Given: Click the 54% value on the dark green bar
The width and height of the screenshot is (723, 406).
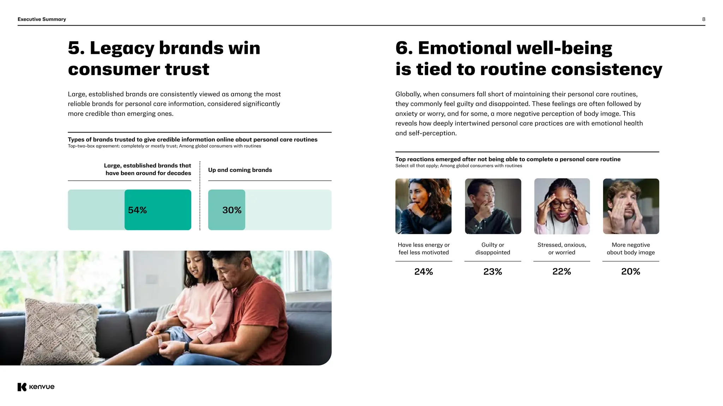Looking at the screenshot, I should coord(137,210).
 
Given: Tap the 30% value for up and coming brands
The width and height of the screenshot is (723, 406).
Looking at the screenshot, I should coord(232,210).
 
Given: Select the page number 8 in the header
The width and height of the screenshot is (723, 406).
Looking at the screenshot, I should coord(703,19).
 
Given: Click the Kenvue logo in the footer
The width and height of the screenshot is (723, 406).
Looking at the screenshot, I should coord(36,387).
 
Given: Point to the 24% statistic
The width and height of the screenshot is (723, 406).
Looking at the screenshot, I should coord(423,271).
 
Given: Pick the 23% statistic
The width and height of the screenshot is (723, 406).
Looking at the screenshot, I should coord(492,271).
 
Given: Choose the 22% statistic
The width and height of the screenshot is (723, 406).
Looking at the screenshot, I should coord(561,271).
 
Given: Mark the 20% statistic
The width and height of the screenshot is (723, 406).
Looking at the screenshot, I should coord(631,271).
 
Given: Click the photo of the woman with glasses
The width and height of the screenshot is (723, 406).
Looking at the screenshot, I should coord(562,206).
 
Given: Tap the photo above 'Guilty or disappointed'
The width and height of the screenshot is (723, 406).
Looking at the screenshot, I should coord(493,206).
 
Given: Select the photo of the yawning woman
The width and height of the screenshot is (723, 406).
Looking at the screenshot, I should coord(423,206).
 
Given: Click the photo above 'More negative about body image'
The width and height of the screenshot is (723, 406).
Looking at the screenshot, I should coord(631,206).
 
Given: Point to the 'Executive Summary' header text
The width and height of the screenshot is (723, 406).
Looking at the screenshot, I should coord(42,19).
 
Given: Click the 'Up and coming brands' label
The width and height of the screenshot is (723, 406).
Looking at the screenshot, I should coord(240,170).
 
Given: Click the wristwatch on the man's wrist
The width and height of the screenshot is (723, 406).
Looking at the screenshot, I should coord(186,348).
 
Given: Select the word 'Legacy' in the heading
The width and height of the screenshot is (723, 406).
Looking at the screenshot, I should coord(122,48).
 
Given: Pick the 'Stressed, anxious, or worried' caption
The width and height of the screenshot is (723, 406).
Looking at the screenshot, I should coord(562,248).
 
